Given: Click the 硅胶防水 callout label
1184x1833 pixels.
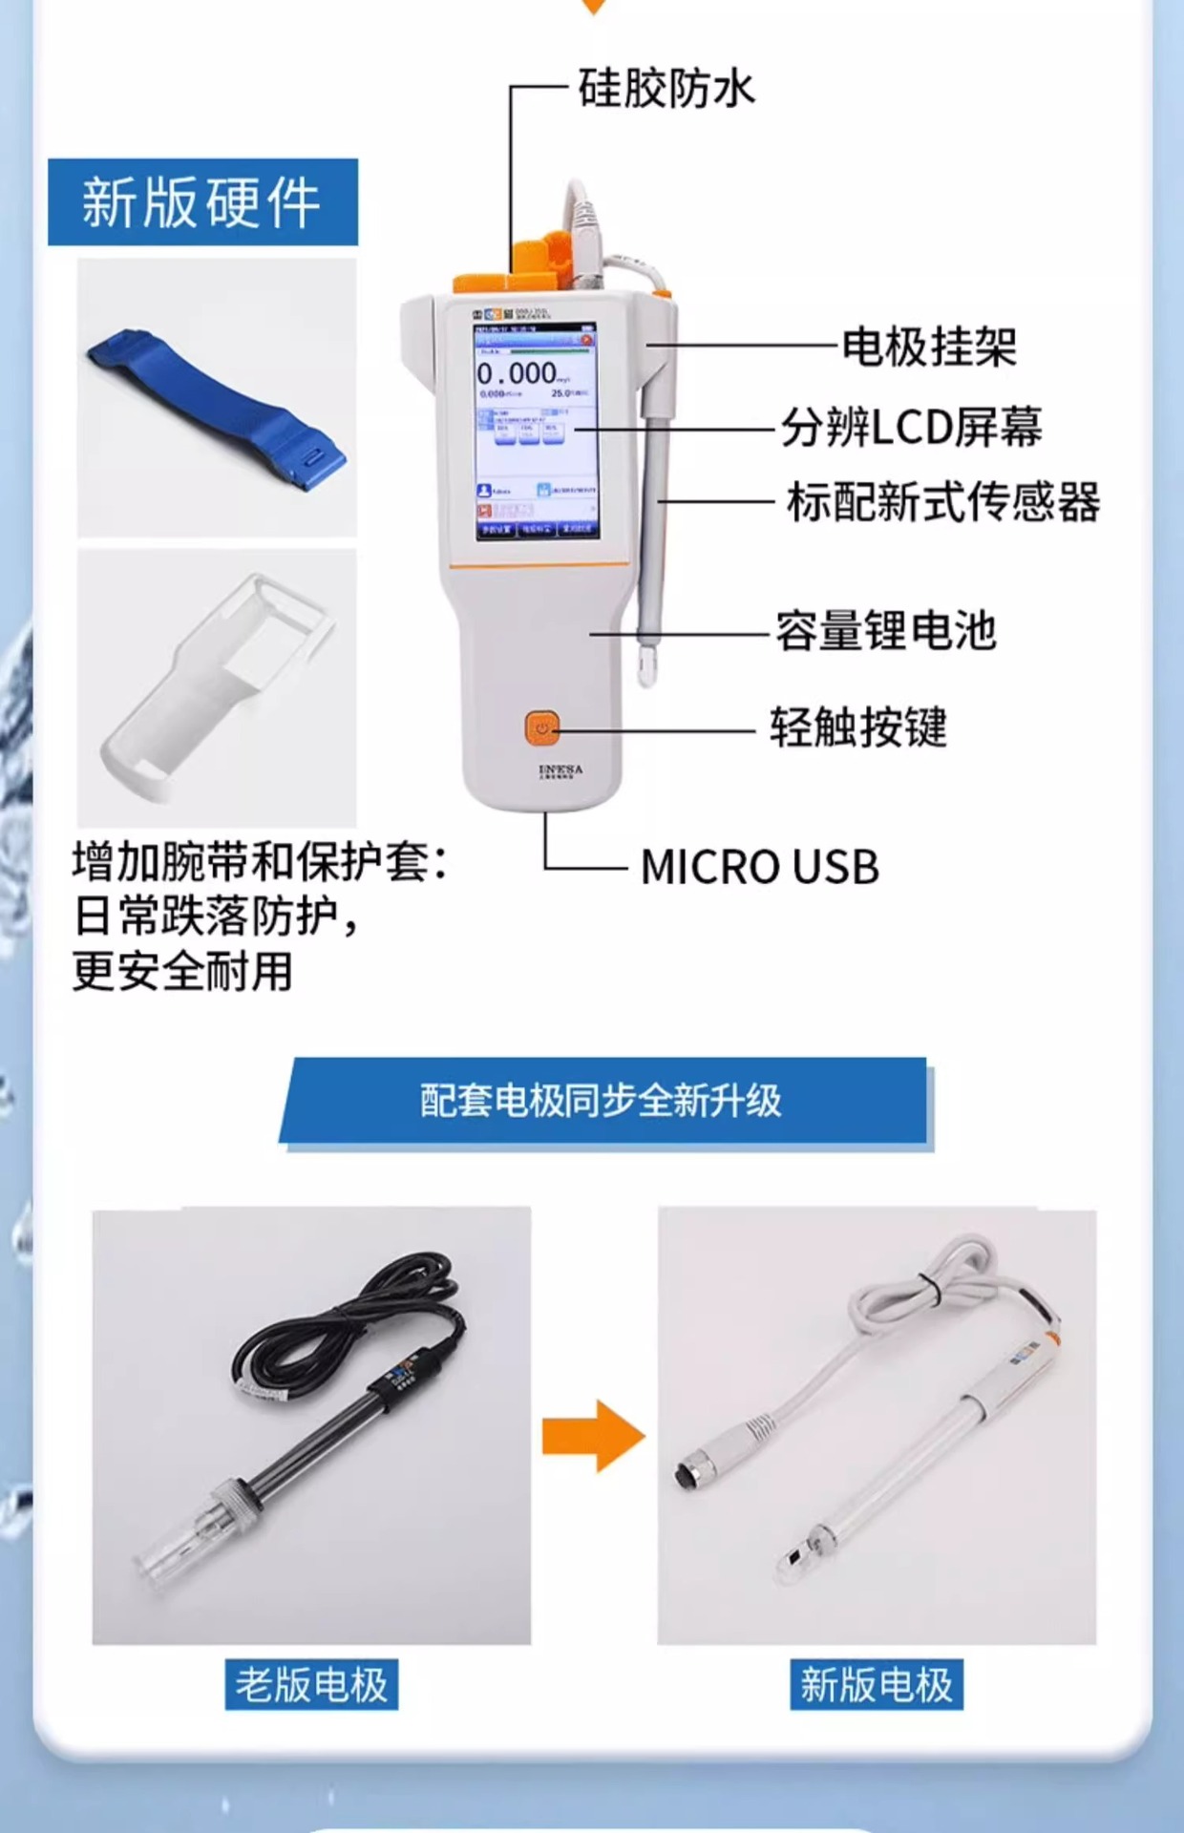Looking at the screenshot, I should tap(666, 89).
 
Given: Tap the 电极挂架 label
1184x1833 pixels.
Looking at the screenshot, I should tap(928, 346).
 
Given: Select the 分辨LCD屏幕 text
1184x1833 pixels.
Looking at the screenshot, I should tap(911, 427).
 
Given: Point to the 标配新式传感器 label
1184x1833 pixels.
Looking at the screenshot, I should tap(942, 502).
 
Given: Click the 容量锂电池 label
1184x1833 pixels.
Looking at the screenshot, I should tap(885, 631).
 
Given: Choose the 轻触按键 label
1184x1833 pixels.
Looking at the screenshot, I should tap(857, 727).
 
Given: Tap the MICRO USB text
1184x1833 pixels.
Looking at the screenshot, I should tap(759, 867).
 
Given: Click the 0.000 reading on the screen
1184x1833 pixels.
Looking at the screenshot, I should tap(517, 372).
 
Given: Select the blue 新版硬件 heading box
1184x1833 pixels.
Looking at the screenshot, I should tap(202, 202).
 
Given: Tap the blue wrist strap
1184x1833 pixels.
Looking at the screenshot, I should tap(216, 407).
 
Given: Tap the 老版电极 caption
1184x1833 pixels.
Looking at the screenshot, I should tap(311, 1685).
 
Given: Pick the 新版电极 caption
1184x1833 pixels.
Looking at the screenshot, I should tap(876, 1685).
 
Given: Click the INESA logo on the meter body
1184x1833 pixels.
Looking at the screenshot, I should tap(560, 769).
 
